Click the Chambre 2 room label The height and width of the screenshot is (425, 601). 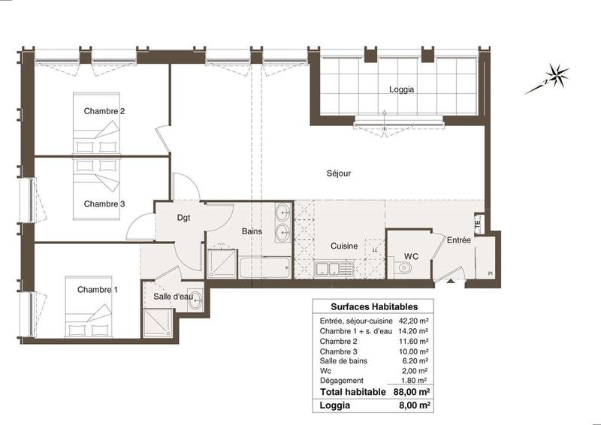pyautogui.click(x=104, y=111)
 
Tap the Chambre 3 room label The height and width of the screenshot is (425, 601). pyautogui.click(x=104, y=203)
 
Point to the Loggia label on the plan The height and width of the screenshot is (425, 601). pyautogui.click(x=402, y=89)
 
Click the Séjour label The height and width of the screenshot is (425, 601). pyautogui.click(x=339, y=173)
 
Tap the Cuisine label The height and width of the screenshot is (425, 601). pyautogui.click(x=344, y=246)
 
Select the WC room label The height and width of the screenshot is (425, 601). pyautogui.click(x=411, y=256)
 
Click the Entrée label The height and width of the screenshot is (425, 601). pyautogui.click(x=458, y=241)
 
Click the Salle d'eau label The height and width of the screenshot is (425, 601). pyautogui.click(x=174, y=297)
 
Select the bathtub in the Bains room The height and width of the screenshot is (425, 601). pyautogui.click(x=264, y=267)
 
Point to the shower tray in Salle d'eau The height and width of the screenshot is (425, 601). pyautogui.click(x=156, y=324)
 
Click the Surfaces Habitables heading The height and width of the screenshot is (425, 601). pyautogui.click(x=373, y=307)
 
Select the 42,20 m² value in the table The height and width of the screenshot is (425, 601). pyautogui.click(x=413, y=321)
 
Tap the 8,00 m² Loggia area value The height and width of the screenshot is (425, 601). pyautogui.click(x=414, y=407)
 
